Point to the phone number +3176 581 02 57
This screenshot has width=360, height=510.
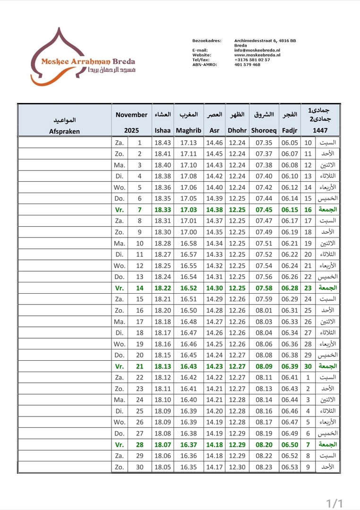(252, 60)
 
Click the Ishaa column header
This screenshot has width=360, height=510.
(162, 130)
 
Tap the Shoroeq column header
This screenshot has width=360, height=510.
(264, 130)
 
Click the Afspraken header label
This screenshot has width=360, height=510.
(65, 131)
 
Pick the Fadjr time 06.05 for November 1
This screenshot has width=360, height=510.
(289, 142)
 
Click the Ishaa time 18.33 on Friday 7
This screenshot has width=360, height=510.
(162, 209)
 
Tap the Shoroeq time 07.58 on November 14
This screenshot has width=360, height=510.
(264, 288)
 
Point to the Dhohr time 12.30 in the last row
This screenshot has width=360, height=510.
(237, 467)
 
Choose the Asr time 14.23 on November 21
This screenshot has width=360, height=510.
(214, 366)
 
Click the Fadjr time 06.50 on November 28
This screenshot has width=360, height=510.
(289, 444)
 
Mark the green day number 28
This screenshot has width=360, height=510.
(139, 444)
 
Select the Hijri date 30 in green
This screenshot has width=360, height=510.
(308, 366)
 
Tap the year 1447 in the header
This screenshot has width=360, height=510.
(320, 130)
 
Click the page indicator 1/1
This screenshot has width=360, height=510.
(334, 502)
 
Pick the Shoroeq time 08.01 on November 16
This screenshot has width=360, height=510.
(264, 310)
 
